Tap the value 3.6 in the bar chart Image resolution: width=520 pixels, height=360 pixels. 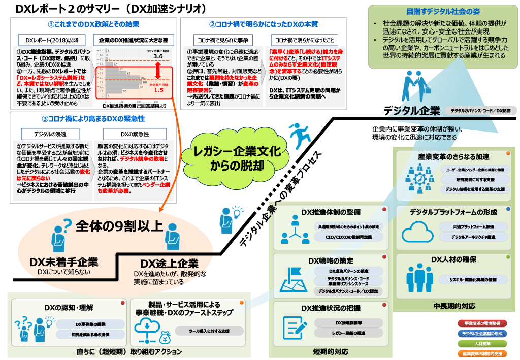click(158, 57)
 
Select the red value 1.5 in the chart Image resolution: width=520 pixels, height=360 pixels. click(158, 90)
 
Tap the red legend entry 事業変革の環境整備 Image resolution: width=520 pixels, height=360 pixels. click(482, 323)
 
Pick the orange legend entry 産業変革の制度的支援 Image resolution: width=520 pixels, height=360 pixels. click(482, 353)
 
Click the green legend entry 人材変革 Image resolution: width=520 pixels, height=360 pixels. click(482, 343)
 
